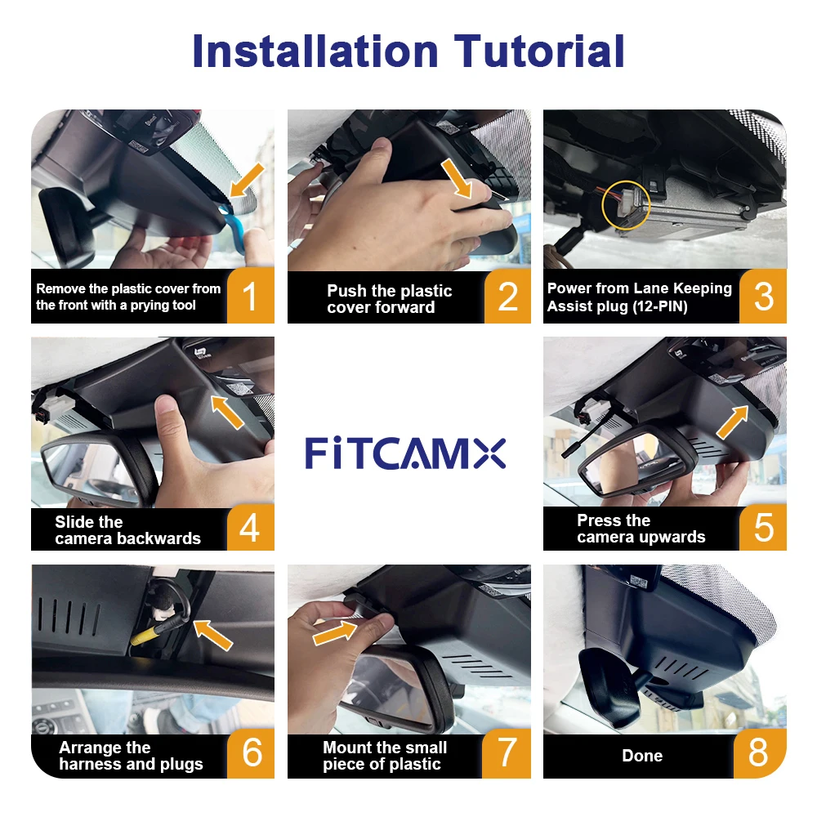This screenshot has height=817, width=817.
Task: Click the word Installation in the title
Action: tap(315, 51)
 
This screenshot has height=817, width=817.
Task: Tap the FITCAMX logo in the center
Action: tap(405, 453)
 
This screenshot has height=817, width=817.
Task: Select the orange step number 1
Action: tap(250, 296)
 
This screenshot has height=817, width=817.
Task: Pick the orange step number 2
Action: tap(507, 297)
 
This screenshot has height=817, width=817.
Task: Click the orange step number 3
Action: tap(763, 297)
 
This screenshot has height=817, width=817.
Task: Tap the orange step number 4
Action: tap(250, 527)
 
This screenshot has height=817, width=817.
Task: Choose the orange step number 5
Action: tap(763, 527)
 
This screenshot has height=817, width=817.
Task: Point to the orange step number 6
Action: tap(252, 752)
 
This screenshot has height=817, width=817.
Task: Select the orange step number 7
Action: tap(507, 752)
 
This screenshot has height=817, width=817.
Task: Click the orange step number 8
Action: tap(759, 752)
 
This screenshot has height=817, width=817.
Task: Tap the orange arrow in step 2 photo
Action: tap(457, 179)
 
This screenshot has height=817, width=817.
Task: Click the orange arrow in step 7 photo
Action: tap(335, 632)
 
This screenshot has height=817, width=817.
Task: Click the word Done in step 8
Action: tap(642, 756)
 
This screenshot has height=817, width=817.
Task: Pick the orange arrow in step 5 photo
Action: tap(733, 422)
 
